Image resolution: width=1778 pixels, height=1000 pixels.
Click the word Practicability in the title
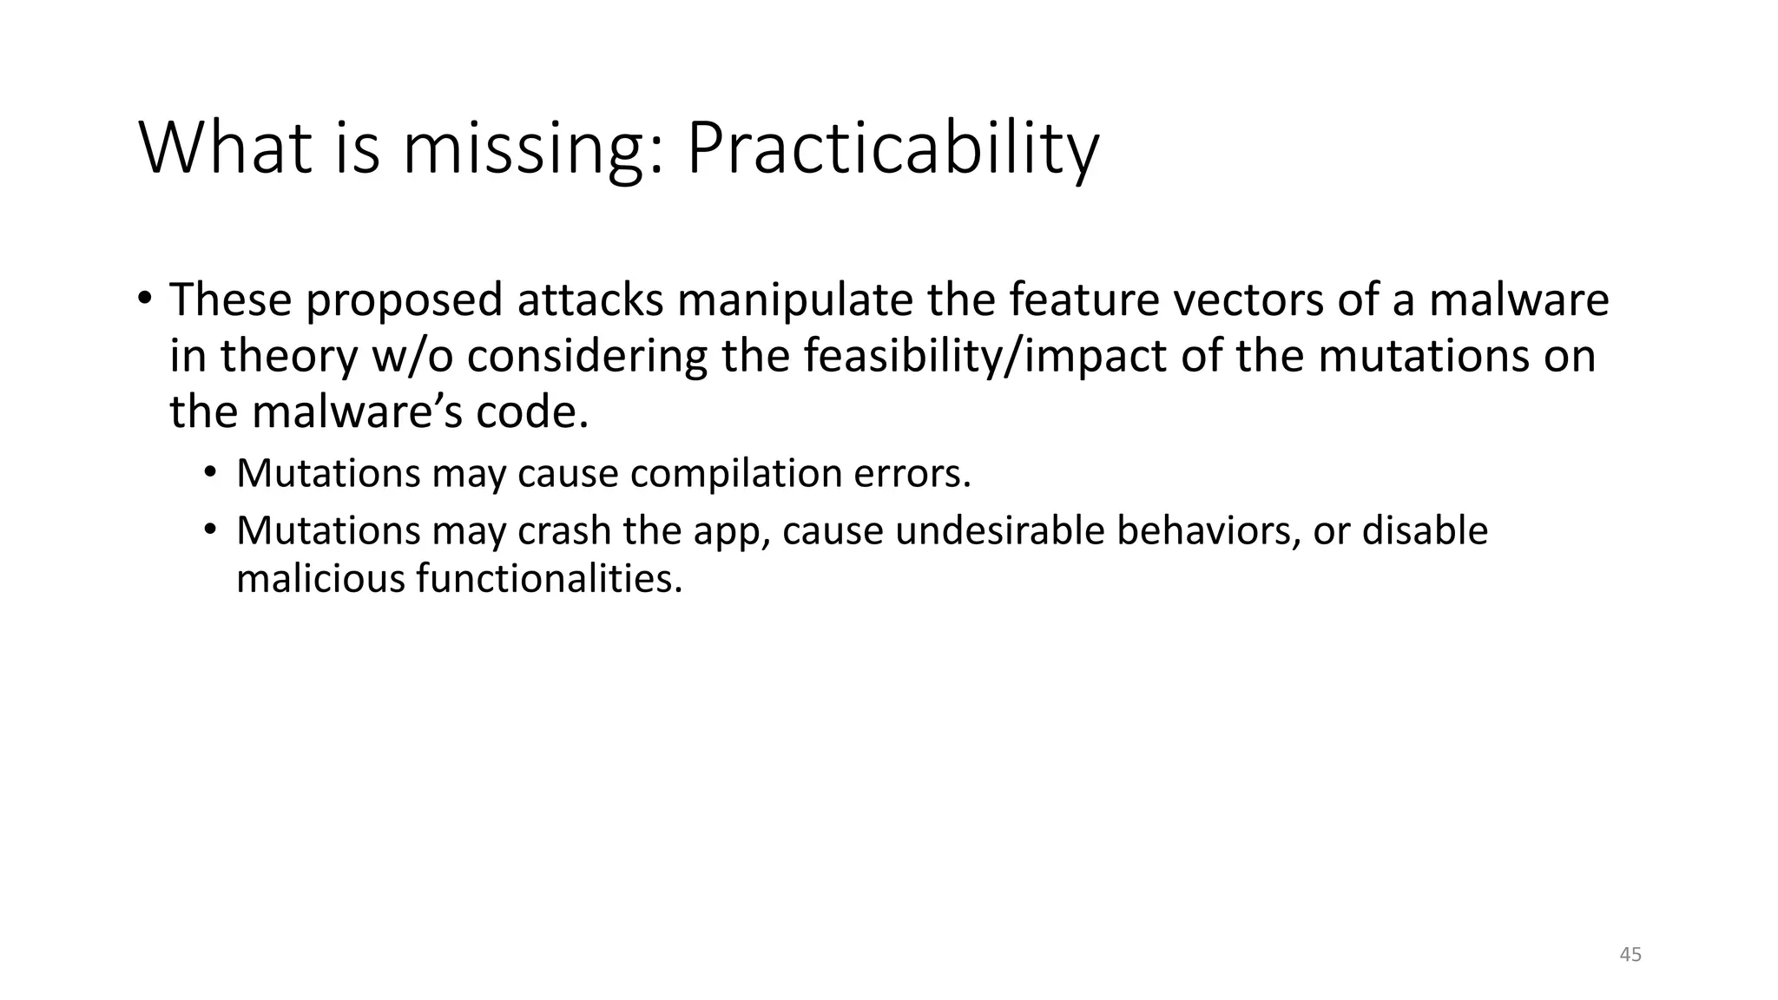(x=892, y=149)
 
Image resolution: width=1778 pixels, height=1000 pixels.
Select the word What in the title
(x=225, y=148)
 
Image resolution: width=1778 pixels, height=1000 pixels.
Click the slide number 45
(x=1630, y=955)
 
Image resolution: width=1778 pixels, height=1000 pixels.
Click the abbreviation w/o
(x=412, y=356)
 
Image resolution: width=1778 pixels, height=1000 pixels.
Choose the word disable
(x=1425, y=531)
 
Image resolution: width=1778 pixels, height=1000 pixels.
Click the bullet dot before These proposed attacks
(x=144, y=299)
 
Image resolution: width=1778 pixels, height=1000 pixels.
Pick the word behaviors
(x=1208, y=531)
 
